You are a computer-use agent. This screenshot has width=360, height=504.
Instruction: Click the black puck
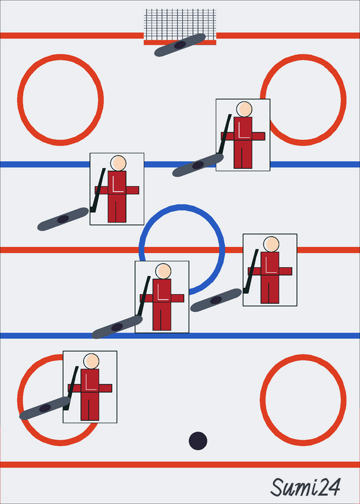tap(198, 440)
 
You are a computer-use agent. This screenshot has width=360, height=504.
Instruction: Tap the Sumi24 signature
tap(305, 487)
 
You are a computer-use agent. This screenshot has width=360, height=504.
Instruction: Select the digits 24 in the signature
tap(329, 487)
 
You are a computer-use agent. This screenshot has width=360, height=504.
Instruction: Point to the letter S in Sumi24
tap(277, 487)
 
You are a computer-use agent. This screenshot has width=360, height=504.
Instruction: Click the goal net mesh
tap(180, 25)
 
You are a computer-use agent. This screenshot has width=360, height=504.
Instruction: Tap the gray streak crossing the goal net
tap(180, 45)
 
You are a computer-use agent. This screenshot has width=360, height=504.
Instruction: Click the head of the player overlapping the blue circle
tap(163, 271)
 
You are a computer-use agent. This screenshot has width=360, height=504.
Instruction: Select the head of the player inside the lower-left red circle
tap(91, 361)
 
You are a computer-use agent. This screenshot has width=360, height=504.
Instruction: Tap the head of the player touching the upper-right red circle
tap(245, 109)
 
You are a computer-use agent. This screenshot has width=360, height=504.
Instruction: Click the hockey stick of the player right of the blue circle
tap(251, 271)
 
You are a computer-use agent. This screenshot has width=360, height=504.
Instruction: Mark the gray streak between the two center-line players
tap(216, 301)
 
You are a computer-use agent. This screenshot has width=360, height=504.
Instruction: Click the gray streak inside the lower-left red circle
tap(45, 408)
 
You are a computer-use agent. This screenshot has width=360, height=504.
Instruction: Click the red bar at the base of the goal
tap(180, 42)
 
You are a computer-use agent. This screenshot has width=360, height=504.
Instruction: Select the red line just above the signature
tap(180, 464)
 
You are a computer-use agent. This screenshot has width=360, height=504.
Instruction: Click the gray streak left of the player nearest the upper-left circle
tap(63, 219)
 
